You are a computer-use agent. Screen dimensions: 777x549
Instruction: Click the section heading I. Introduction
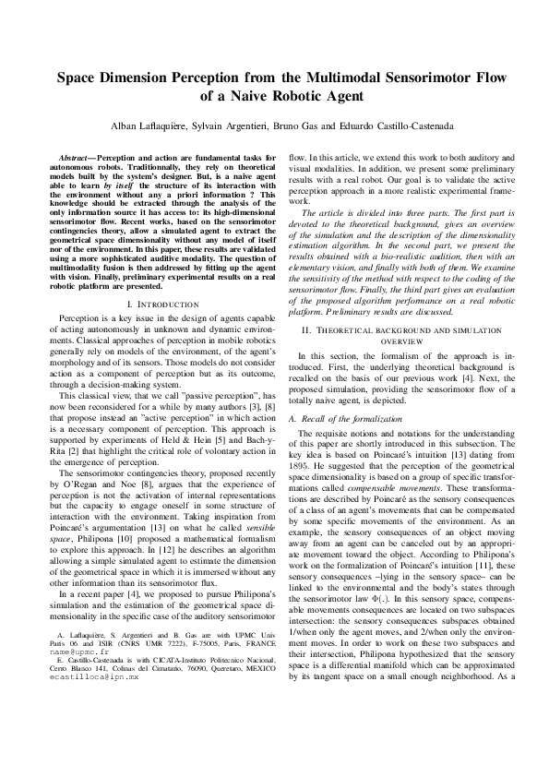[161, 252]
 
